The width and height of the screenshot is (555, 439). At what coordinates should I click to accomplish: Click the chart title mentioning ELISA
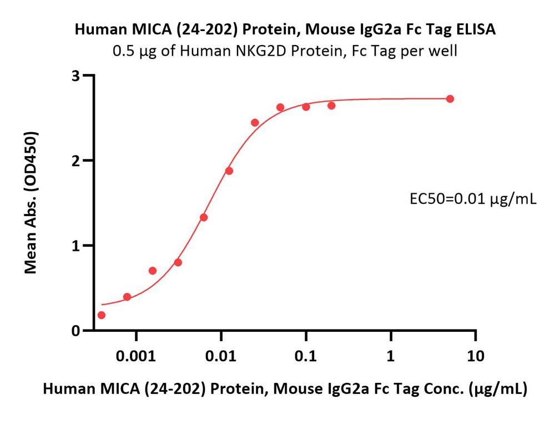(x=285, y=30)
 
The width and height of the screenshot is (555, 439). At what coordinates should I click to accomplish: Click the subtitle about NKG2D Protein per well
(x=285, y=52)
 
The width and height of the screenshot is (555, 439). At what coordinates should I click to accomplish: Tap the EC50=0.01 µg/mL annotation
(x=472, y=198)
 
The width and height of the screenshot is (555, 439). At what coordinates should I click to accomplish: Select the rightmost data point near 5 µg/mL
(x=450, y=99)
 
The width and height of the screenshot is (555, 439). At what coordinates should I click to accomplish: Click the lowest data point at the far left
(x=101, y=315)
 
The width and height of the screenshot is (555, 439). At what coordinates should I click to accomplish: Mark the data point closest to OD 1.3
(x=204, y=217)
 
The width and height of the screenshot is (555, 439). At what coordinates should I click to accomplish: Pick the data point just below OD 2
(x=229, y=171)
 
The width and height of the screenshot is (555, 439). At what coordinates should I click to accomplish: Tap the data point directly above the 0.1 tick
(x=306, y=107)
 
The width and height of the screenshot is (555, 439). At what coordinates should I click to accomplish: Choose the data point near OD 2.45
(x=255, y=122)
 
